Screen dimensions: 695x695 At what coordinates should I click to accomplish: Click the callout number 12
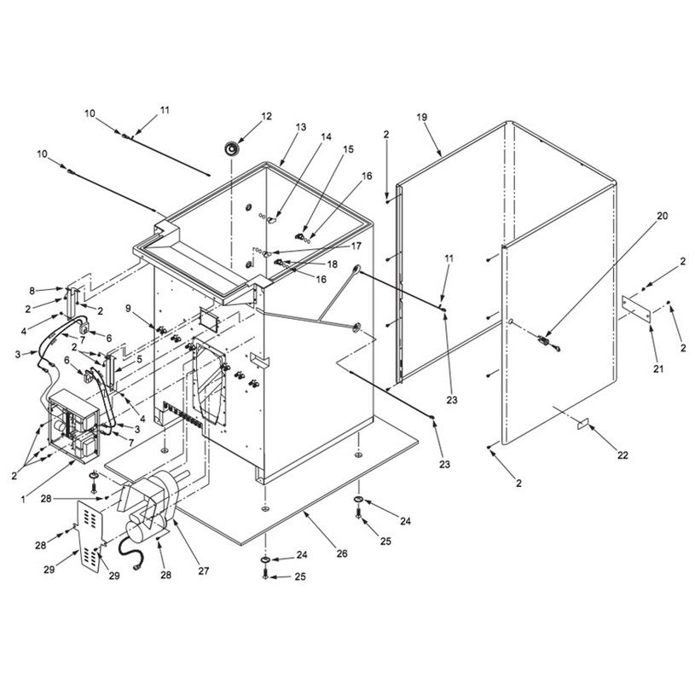coord(266,116)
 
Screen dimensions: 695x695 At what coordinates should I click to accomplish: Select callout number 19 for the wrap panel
coord(421,117)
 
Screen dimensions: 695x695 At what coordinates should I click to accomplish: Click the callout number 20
coord(663,216)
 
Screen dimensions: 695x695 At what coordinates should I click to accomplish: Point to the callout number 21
coord(658,368)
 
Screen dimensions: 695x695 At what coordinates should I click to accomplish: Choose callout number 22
coord(623,455)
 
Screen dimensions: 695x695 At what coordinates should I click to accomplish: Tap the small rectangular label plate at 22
coord(582,423)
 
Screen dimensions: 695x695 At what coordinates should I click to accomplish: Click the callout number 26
coord(342,553)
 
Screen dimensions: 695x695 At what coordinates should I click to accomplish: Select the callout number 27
coord(204,570)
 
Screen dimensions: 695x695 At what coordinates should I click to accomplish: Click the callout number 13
coord(301,127)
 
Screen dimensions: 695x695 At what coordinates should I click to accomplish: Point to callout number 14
coord(326,136)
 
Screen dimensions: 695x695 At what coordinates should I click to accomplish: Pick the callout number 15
coord(349,149)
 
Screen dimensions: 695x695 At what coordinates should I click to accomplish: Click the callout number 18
coord(332,264)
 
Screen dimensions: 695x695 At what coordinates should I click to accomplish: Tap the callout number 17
coord(356,246)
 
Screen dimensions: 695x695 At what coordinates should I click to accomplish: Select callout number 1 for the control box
coord(23,500)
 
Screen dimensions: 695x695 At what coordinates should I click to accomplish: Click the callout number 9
coord(129,309)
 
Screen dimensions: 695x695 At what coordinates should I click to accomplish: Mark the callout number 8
coord(32,291)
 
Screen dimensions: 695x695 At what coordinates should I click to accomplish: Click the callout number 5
coord(140,360)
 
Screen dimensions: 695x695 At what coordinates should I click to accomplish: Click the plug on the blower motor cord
coord(136,568)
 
